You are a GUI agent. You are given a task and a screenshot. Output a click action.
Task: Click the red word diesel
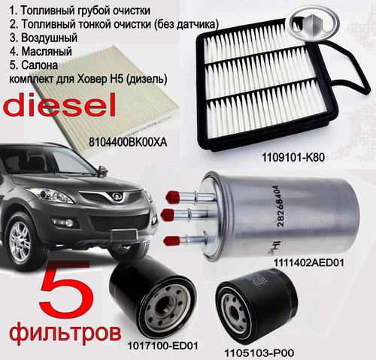pyautogui.click(x=60, y=105)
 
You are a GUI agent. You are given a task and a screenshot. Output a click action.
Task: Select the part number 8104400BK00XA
pyautogui.click(x=128, y=143)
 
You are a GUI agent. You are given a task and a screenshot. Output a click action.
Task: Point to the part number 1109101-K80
pyautogui.click(x=293, y=158)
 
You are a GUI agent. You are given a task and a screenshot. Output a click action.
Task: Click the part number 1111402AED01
pyautogui.click(x=308, y=263)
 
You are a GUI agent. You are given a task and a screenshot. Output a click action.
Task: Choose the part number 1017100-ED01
pyautogui.click(x=163, y=346)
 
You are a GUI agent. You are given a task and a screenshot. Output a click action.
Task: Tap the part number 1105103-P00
pyautogui.click(x=259, y=353)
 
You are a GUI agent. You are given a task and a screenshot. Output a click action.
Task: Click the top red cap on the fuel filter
pyautogui.click(x=172, y=196)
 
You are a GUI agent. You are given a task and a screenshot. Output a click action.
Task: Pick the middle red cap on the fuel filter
pyautogui.click(x=168, y=215)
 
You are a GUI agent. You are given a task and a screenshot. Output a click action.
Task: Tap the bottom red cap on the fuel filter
pyautogui.click(x=171, y=241)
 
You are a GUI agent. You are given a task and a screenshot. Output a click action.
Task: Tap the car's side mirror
pyautogui.click(x=103, y=171)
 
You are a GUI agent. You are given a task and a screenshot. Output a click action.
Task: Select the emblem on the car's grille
pyautogui.click(x=116, y=197)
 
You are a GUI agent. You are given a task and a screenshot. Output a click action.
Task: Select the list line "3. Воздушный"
pyautogui.click(x=44, y=38)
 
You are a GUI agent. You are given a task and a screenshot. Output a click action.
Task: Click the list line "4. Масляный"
pyautogui.click(x=41, y=51)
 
